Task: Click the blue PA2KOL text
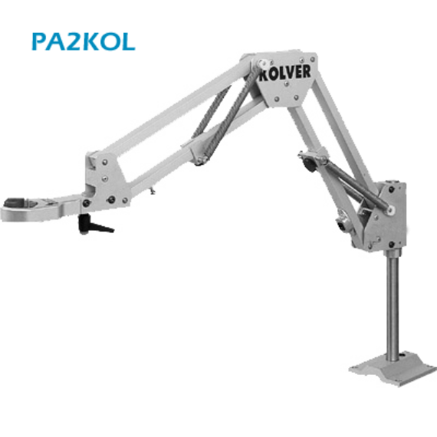click(84, 41)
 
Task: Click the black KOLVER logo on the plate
click(284, 73)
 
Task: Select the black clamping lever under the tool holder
click(94, 225)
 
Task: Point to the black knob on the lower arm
click(310, 166)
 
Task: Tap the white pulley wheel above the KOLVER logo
click(261, 64)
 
